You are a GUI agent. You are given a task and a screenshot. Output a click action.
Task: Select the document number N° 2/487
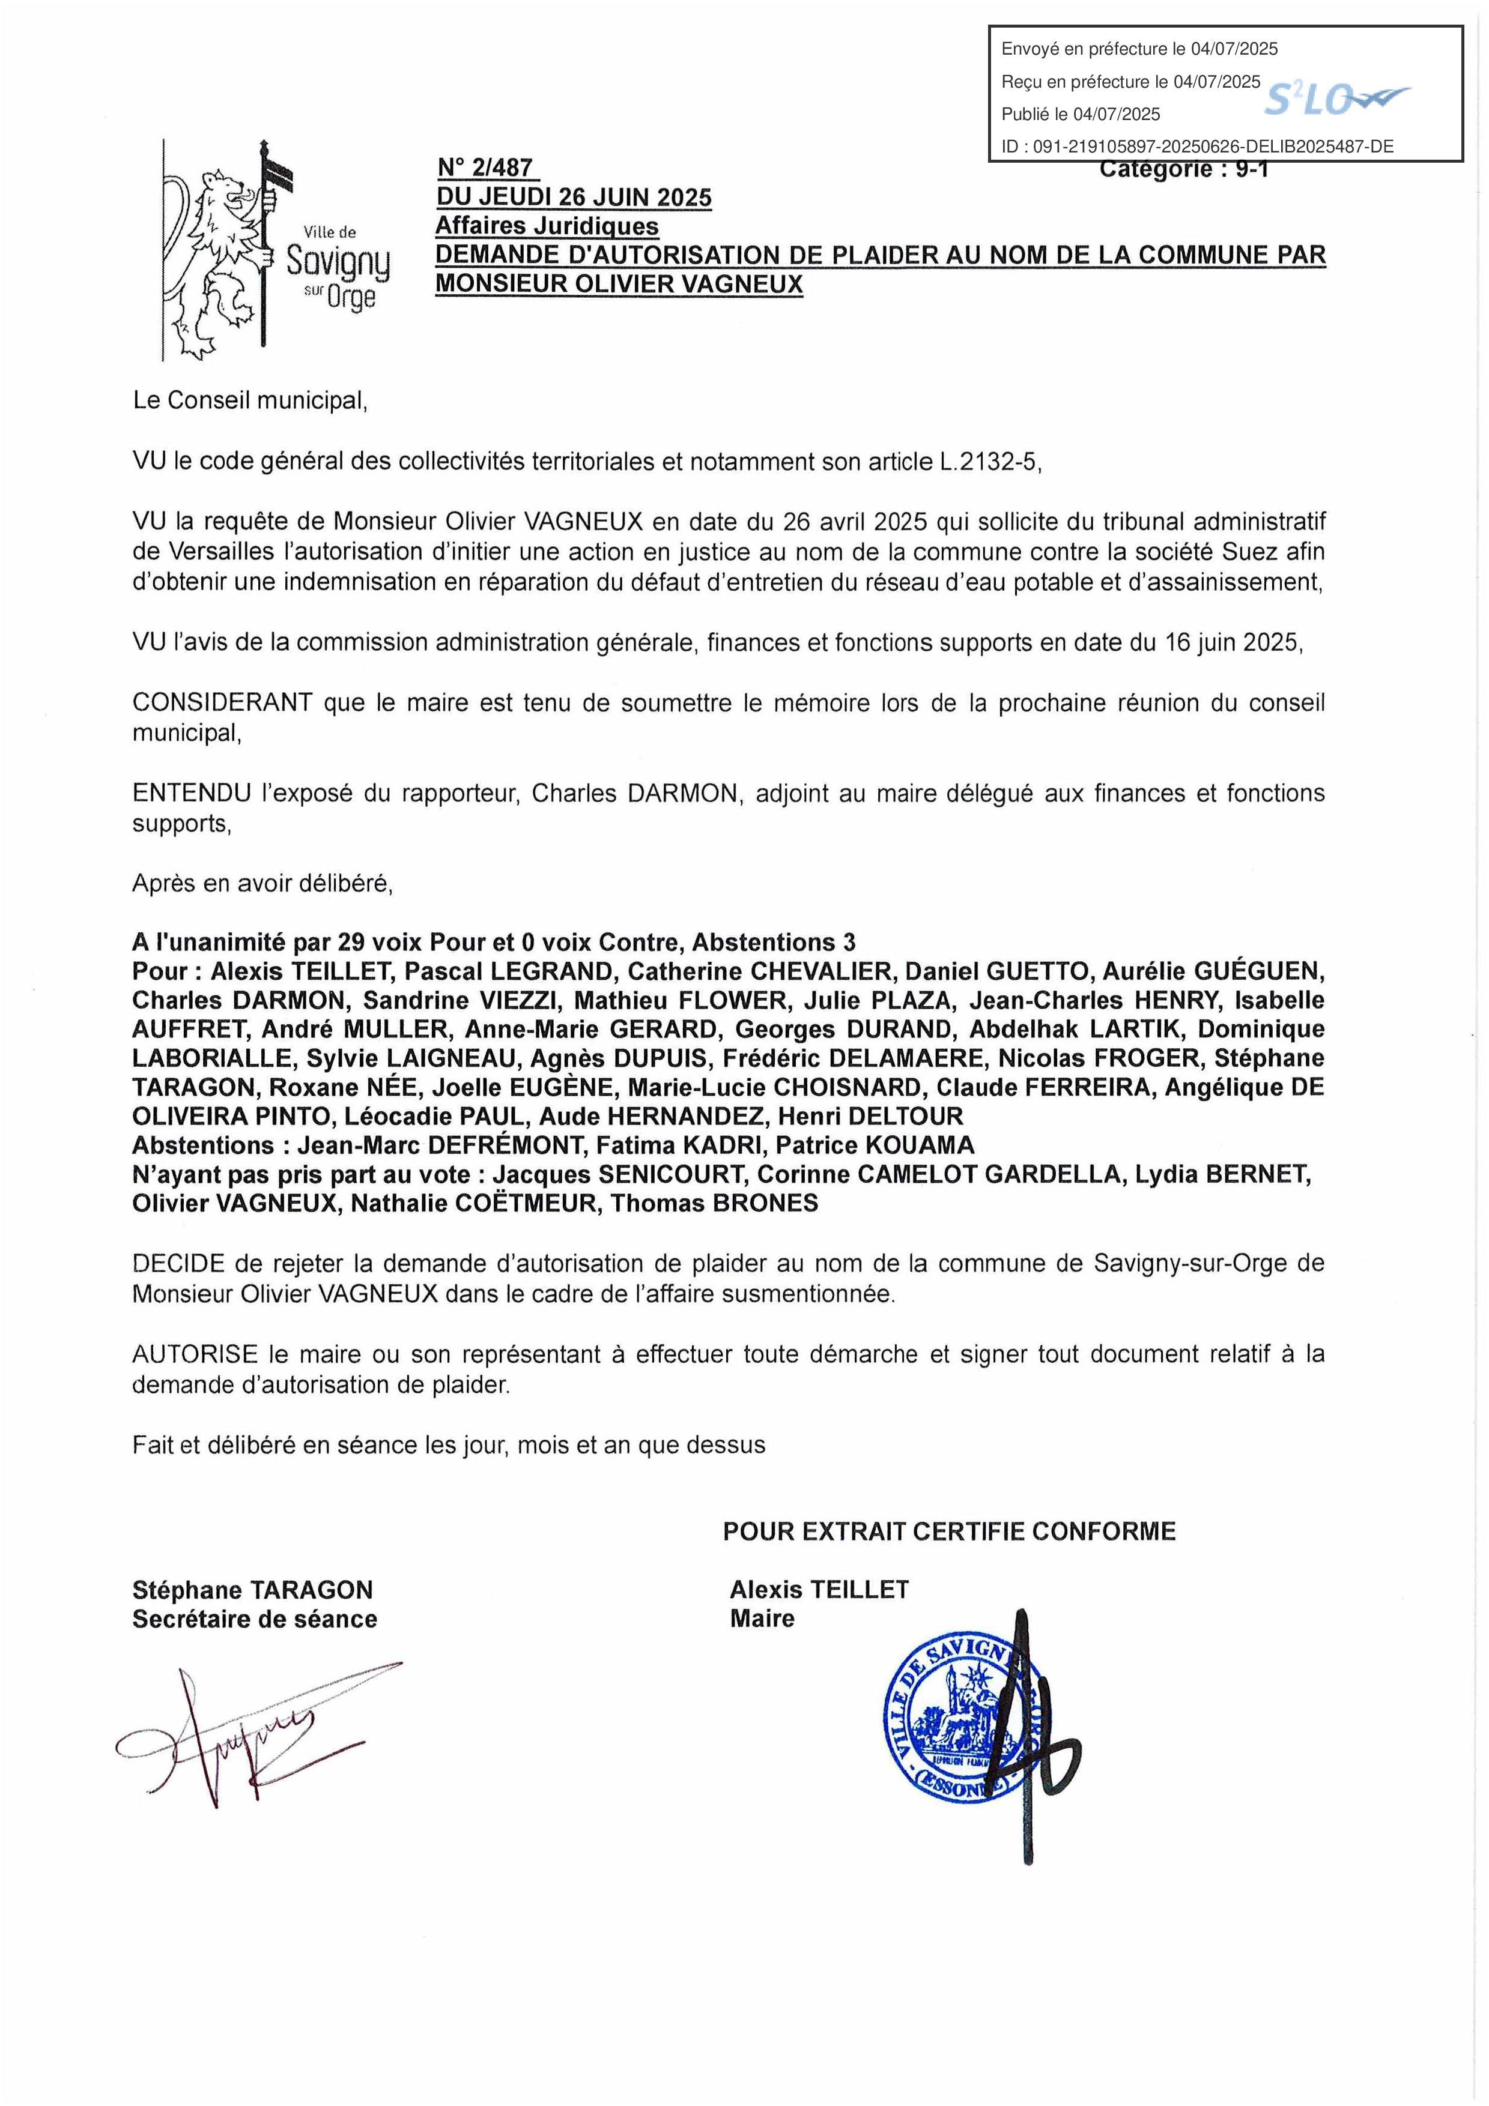(x=484, y=167)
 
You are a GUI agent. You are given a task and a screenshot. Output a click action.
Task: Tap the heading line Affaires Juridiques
(x=547, y=226)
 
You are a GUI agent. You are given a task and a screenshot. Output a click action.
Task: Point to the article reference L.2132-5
(x=990, y=462)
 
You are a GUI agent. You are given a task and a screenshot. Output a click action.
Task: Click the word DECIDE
(x=178, y=1264)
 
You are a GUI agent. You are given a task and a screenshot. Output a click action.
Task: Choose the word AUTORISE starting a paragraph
(x=195, y=1354)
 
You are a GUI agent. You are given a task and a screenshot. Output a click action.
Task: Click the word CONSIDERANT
(x=222, y=704)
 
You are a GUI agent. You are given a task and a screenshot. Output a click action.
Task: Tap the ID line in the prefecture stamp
(x=1196, y=146)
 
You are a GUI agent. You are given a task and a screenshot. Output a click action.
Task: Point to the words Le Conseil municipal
(x=249, y=401)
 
